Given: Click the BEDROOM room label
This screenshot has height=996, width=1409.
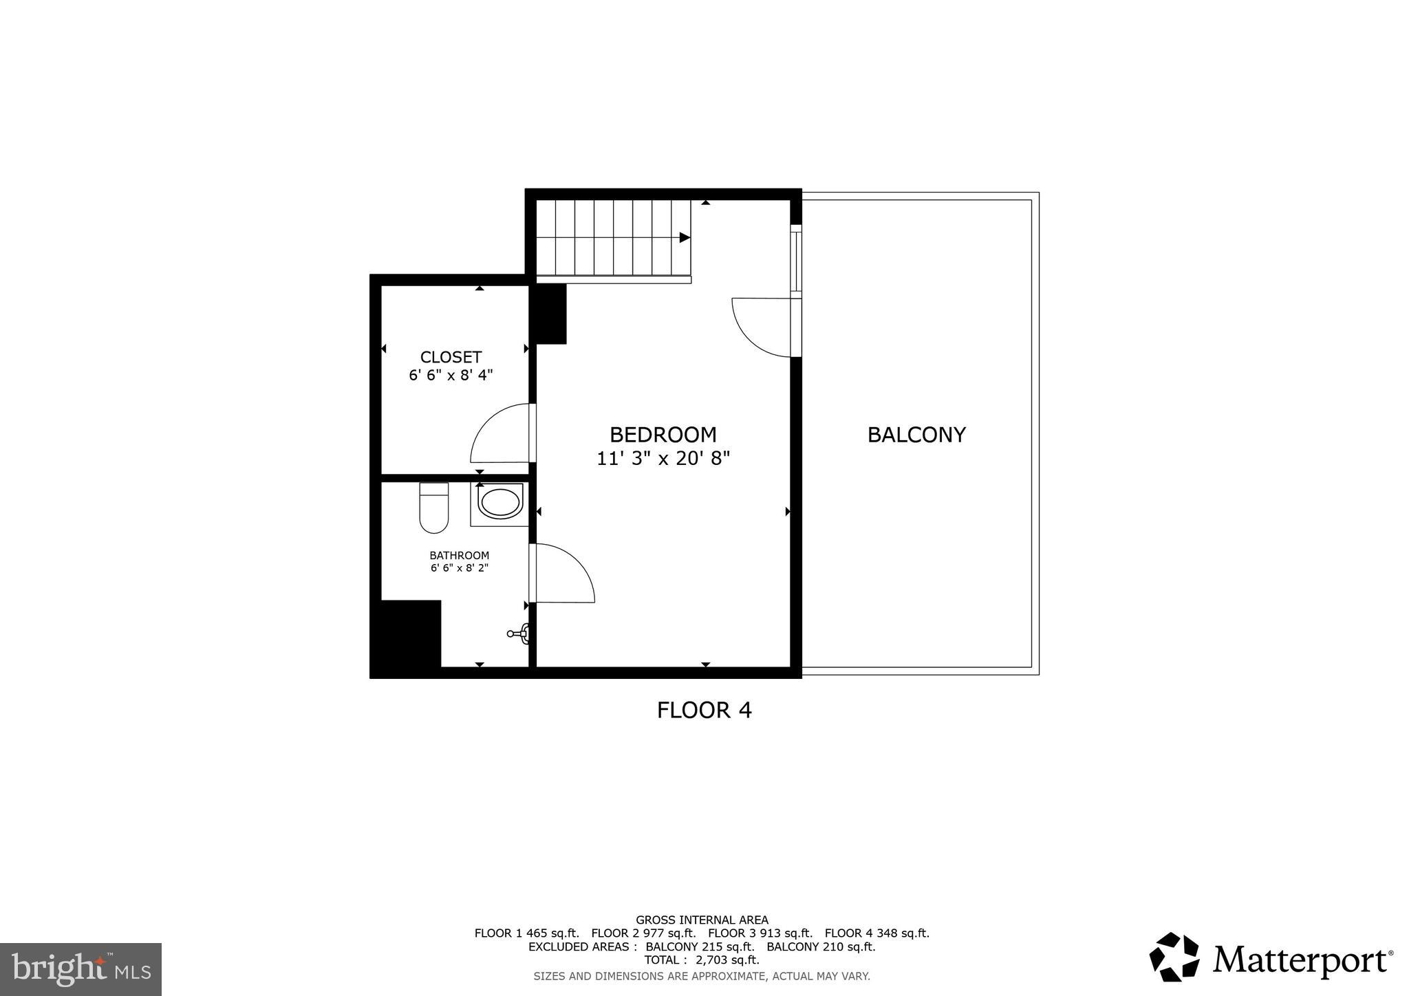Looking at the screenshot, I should pyautogui.click(x=663, y=435).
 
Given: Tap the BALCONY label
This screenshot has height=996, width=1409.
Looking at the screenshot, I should pyautogui.click(x=916, y=435).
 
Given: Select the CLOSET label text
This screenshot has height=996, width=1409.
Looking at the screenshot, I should pyautogui.click(x=451, y=357).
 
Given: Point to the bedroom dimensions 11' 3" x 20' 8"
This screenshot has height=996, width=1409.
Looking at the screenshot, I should pyautogui.click(x=663, y=459).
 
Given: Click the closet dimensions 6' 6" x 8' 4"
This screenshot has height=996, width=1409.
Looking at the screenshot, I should pyautogui.click(x=451, y=376).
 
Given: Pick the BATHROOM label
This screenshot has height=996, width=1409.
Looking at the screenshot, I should pyautogui.click(x=459, y=555).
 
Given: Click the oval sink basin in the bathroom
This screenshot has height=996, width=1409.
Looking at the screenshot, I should pyautogui.click(x=500, y=503).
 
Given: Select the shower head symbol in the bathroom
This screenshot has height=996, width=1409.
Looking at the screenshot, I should pyautogui.click(x=520, y=634).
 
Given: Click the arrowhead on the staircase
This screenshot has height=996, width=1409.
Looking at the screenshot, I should pyautogui.click(x=685, y=237).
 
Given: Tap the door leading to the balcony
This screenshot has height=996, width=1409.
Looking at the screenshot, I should pyautogui.click(x=764, y=328).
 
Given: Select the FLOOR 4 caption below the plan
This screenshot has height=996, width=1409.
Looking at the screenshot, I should pyautogui.click(x=704, y=710).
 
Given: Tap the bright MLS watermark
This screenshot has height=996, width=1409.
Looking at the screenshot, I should pyautogui.click(x=80, y=969).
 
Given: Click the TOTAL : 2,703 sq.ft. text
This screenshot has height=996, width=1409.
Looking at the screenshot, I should pyautogui.click(x=701, y=960).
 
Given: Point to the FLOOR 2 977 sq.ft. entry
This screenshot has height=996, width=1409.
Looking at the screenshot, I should pyautogui.click(x=643, y=933).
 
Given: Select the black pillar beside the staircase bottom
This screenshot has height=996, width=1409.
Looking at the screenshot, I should pyautogui.click(x=550, y=314).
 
